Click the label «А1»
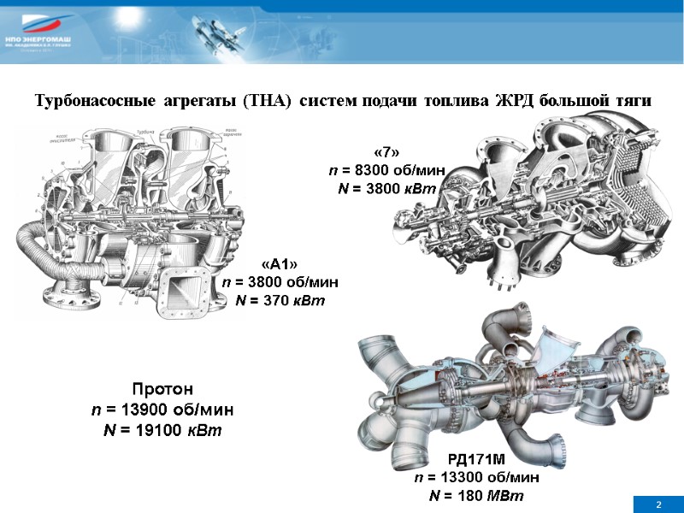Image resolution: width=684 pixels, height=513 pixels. (x=281, y=264)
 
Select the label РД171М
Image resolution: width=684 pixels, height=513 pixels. (x=477, y=461)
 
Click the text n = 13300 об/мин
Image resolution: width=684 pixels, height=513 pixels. (x=477, y=478)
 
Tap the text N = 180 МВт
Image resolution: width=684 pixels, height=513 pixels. (x=477, y=496)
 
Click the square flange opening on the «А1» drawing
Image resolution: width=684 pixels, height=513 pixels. (x=183, y=286)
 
